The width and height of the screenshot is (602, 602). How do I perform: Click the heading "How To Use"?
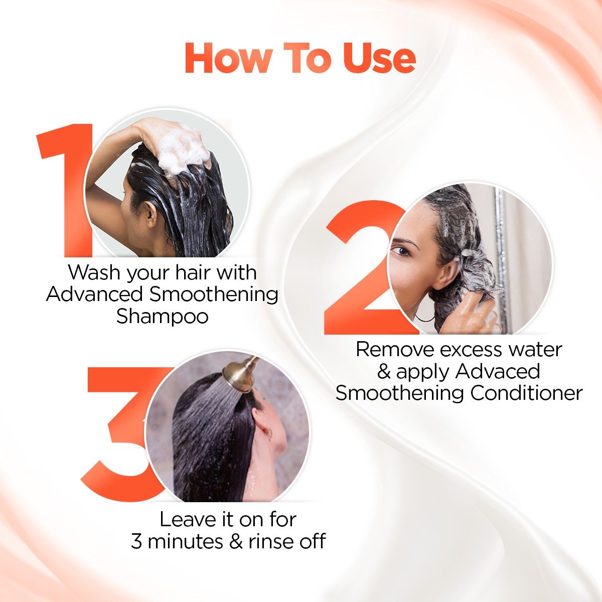pos(300,59)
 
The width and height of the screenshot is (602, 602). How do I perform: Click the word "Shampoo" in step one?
pos(162,317)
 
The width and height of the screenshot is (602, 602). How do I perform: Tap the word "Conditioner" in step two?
pos(526,393)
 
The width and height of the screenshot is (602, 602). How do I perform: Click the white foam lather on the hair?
pos(181,150)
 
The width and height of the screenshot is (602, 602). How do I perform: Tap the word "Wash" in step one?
pos(91,273)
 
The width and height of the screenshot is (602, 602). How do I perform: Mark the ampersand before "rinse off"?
pos(237,542)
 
